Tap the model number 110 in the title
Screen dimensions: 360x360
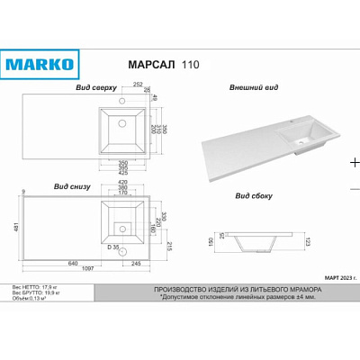tap(183, 67)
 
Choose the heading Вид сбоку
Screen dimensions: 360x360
tap(255, 194)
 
